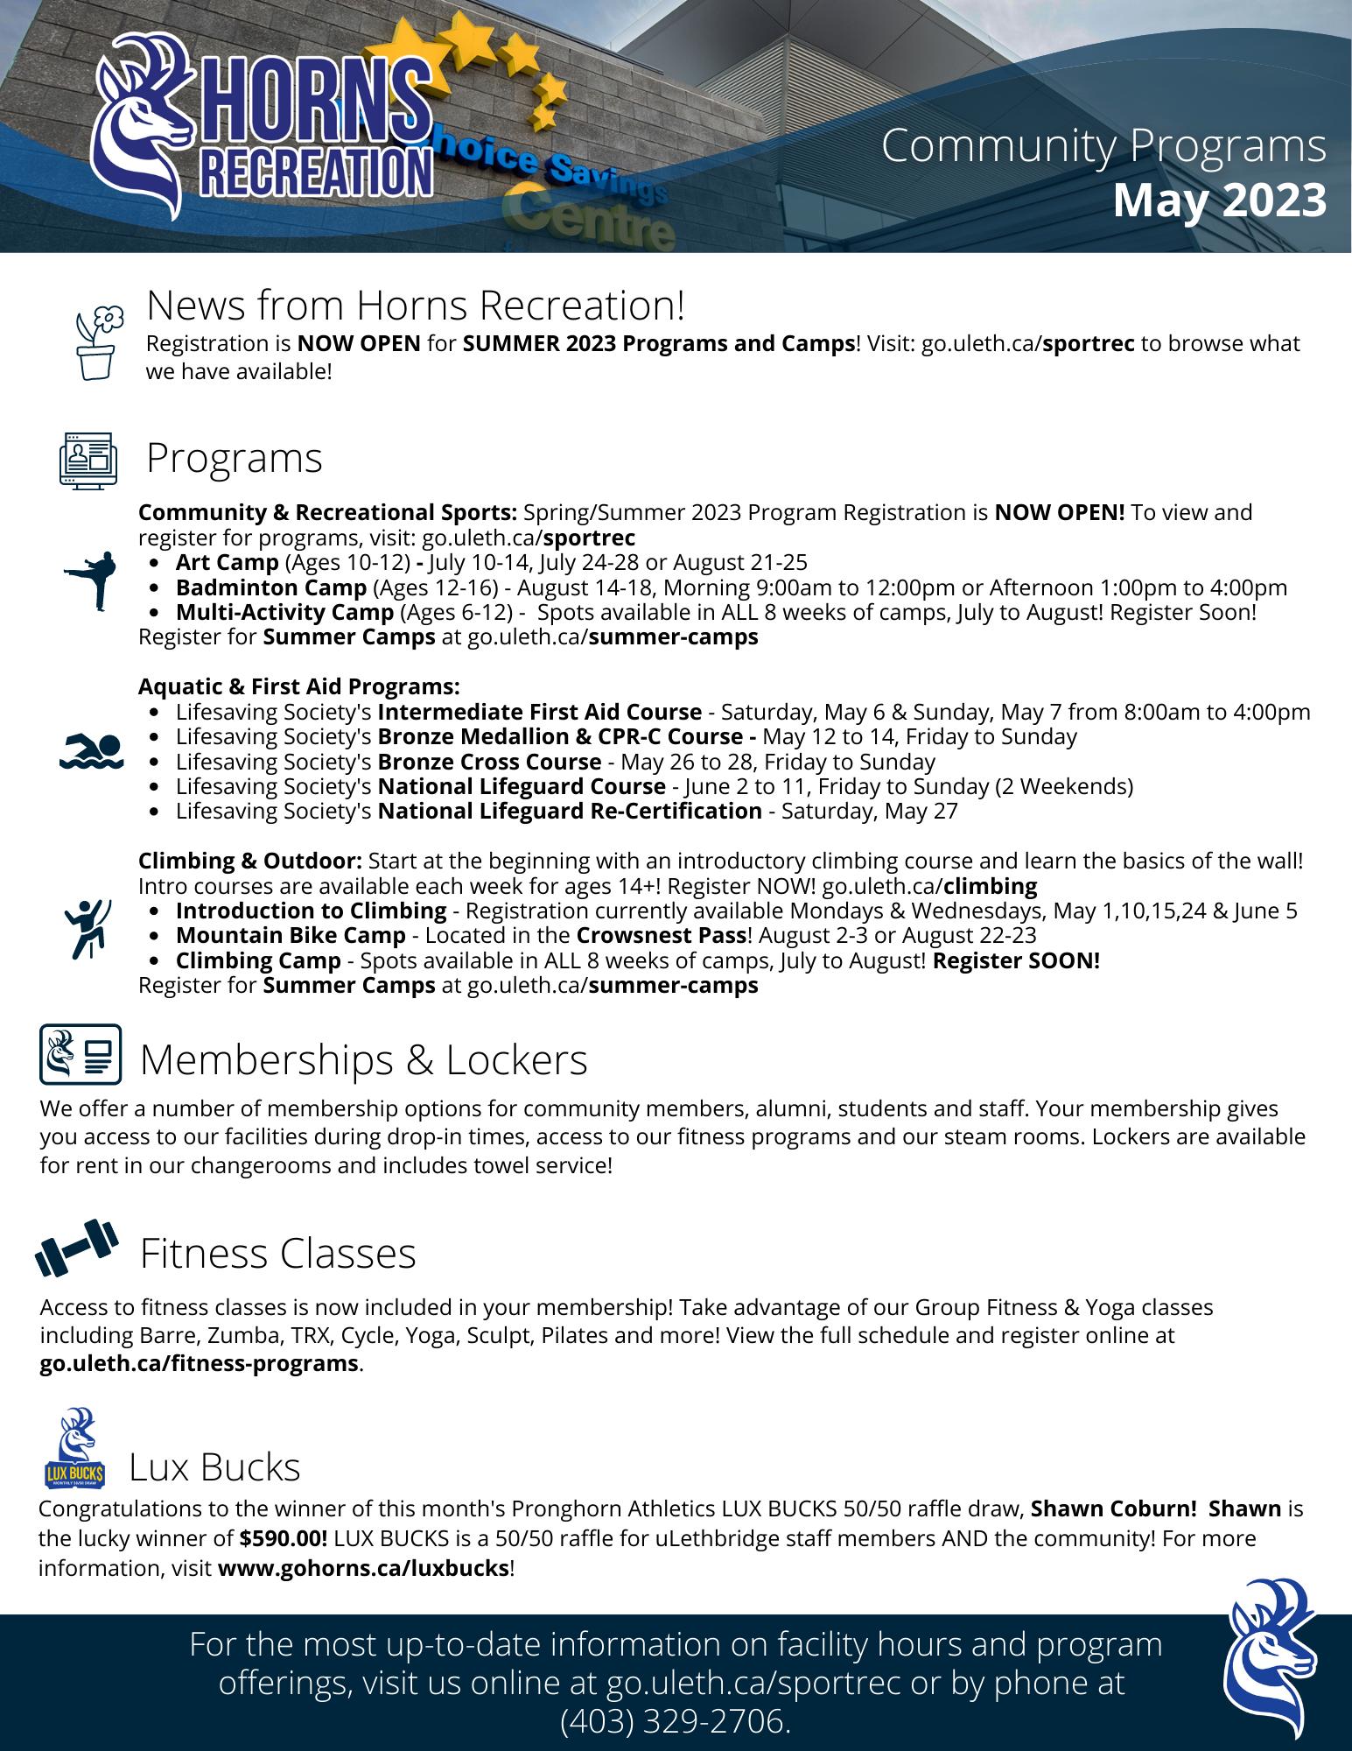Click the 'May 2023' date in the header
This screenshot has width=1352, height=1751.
pyautogui.click(x=1220, y=200)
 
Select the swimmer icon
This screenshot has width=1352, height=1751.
pyautogui.click(x=92, y=751)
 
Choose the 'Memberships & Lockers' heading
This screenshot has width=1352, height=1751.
pyautogui.click(x=363, y=1059)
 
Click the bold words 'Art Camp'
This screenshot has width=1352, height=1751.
pyautogui.click(x=228, y=562)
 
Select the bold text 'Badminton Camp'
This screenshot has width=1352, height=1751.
pyautogui.click(x=271, y=587)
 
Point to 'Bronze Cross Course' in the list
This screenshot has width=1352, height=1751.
pyautogui.click(x=489, y=762)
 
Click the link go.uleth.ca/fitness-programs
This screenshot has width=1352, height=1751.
pyautogui.click(x=200, y=1363)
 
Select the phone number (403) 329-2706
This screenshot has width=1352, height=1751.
pyautogui.click(x=675, y=1722)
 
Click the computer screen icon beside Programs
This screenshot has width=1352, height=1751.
pyautogui.click(x=88, y=458)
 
